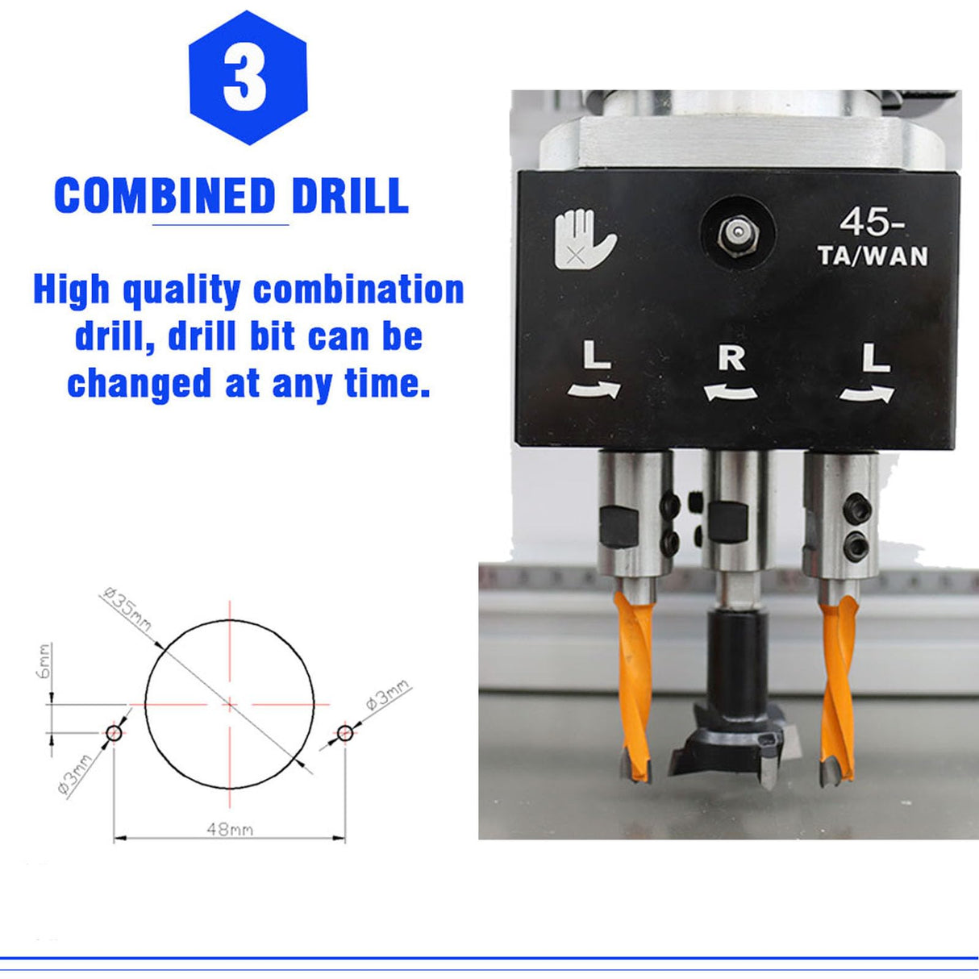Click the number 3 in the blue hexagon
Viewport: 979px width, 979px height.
tap(245, 77)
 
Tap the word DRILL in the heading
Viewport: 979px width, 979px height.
tap(350, 195)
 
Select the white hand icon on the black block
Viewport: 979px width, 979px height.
tap(584, 240)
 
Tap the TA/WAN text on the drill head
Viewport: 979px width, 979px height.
tap(873, 256)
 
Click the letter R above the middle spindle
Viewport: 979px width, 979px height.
tap(731, 357)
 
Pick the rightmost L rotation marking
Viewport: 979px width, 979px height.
tap(873, 357)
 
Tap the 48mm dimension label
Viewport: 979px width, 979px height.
tap(230, 828)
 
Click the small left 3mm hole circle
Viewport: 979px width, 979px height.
tap(114, 733)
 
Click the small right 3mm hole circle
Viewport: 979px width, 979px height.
tap(345, 733)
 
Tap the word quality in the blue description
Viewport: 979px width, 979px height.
tap(181, 291)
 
